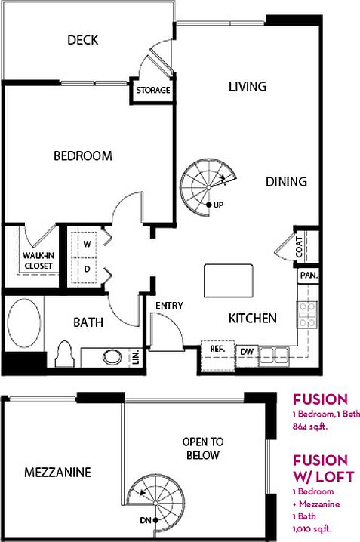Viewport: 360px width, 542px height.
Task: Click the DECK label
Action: pos(82,40)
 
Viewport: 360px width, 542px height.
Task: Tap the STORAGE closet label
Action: pos(153,91)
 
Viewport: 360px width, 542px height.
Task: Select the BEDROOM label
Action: pos(83,156)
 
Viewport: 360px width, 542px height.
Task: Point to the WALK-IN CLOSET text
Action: pos(38,260)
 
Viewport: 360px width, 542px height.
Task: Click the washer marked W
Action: pos(85,245)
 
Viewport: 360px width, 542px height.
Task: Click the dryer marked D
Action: pos(85,270)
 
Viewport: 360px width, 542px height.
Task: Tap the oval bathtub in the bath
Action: pos(24,323)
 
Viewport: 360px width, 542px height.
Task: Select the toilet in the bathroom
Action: pos(65,354)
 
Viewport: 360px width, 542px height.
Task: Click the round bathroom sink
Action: pos(112,357)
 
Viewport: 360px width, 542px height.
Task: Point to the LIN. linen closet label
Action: pos(136,357)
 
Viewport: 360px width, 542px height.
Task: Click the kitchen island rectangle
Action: pos(229,281)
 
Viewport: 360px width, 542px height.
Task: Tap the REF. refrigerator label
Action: pos(217,349)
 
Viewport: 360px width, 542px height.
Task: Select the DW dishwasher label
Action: pos(247,352)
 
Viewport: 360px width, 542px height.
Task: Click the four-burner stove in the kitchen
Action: pos(307,315)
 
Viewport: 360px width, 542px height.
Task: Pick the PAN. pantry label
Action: pos(309,276)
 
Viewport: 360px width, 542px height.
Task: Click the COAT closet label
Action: pos(299,248)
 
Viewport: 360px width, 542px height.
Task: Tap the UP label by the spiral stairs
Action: pos(218,205)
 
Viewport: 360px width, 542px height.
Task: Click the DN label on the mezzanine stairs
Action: pos(145,520)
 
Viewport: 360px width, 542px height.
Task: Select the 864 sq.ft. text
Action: pos(310,427)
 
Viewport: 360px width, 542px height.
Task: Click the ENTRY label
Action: pos(169,306)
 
